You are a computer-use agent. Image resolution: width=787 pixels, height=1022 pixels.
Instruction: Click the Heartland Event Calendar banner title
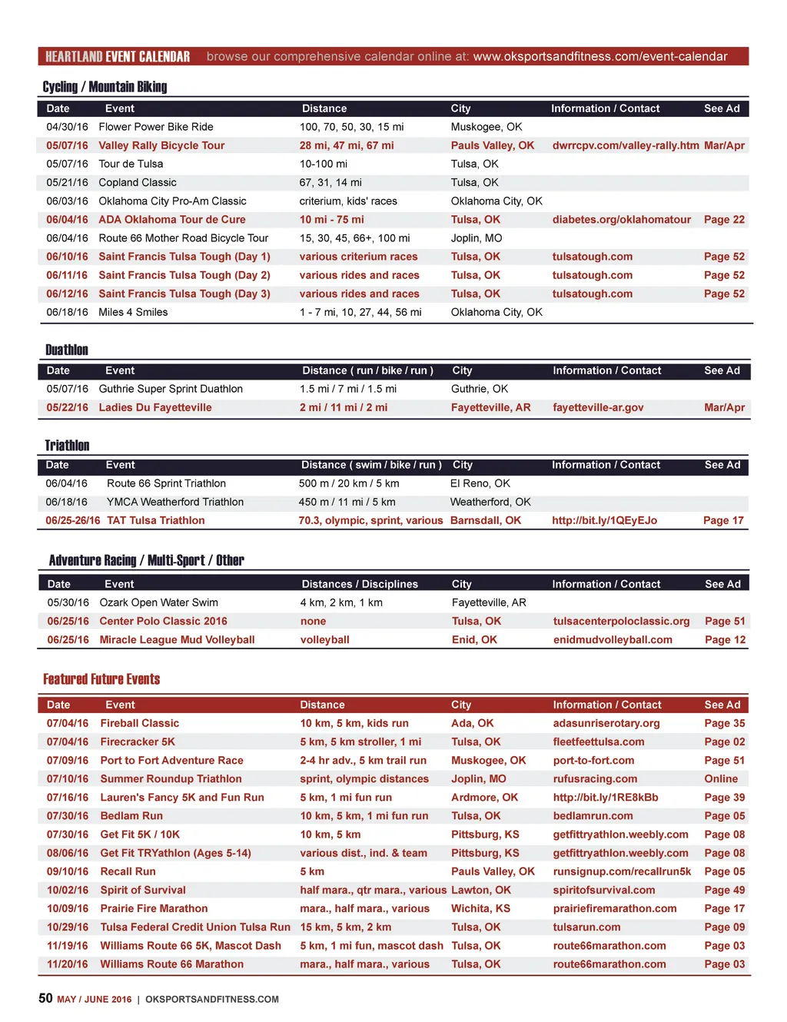(x=118, y=57)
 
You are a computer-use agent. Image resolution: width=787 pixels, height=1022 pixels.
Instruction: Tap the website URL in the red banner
(x=599, y=57)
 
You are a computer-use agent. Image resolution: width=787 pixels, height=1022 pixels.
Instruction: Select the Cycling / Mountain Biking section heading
(x=105, y=87)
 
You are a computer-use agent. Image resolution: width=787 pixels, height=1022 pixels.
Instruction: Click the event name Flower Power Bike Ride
(x=156, y=127)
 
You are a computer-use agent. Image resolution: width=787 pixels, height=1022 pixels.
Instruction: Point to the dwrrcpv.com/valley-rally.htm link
(x=626, y=145)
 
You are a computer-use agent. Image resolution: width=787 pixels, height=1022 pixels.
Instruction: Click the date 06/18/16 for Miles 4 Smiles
(x=67, y=312)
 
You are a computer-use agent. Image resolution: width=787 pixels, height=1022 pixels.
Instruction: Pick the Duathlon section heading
(x=67, y=350)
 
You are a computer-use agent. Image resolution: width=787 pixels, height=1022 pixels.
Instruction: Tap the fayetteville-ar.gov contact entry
(x=598, y=407)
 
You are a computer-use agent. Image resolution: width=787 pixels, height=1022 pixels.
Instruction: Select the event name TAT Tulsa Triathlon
(x=156, y=520)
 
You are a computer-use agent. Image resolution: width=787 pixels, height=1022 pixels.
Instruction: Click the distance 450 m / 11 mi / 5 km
(x=347, y=502)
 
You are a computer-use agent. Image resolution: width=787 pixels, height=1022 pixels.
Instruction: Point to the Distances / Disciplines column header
(x=360, y=584)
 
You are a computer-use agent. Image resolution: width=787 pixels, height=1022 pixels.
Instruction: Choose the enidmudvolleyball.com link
(x=613, y=639)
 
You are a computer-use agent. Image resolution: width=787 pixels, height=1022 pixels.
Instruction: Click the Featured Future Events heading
(x=101, y=679)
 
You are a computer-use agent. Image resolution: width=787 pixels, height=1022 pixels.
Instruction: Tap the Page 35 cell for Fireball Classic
(x=724, y=723)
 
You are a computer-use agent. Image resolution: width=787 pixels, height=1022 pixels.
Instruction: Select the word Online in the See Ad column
(x=721, y=778)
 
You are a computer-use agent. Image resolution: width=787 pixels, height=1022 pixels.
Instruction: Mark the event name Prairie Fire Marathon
(x=154, y=908)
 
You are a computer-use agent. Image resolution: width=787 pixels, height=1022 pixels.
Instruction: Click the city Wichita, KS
(x=480, y=908)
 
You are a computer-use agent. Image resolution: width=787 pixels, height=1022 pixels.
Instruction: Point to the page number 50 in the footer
(x=45, y=998)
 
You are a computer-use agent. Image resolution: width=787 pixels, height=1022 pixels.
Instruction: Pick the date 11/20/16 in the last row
(x=67, y=964)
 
